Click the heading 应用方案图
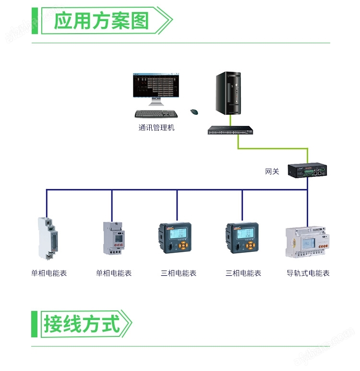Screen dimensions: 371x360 (101, 21)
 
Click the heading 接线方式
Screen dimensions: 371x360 (82, 323)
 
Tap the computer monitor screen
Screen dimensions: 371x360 (156, 86)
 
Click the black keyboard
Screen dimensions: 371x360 (156, 114)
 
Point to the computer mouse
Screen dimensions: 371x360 (194, 112)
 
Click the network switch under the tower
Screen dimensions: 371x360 (230, 130)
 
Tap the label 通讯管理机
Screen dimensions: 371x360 (156, 128)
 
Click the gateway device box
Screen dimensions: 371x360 (307, 170)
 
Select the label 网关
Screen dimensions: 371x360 (272, 172)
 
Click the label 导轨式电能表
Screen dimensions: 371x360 (308, 273)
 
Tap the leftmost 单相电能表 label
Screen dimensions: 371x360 (49, 273)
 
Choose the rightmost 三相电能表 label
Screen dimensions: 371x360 (243, 273)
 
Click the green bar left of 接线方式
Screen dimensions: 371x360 (34, 323)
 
